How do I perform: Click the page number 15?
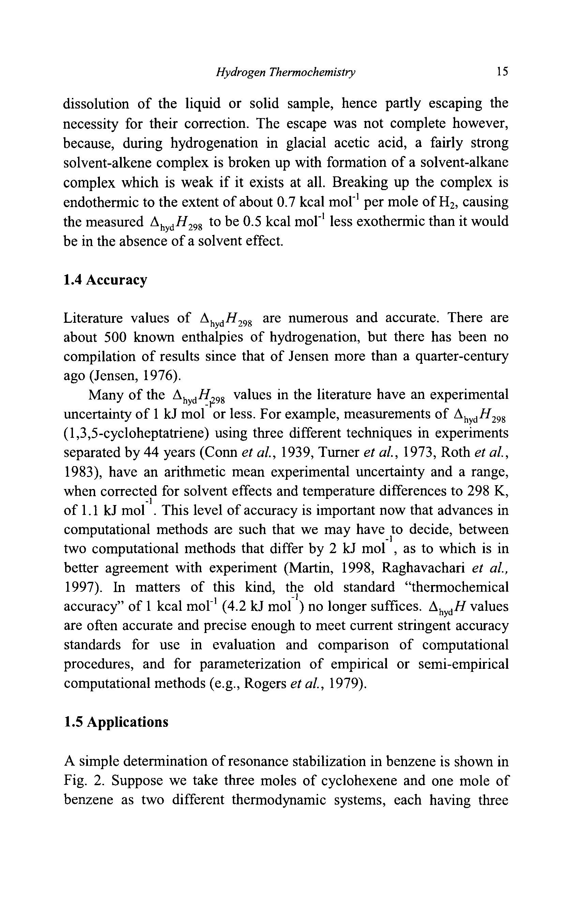pos(502,72)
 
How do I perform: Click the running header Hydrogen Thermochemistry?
pos(285,72)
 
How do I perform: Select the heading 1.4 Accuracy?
pos(105,280)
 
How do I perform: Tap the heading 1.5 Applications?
pos(116,722)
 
